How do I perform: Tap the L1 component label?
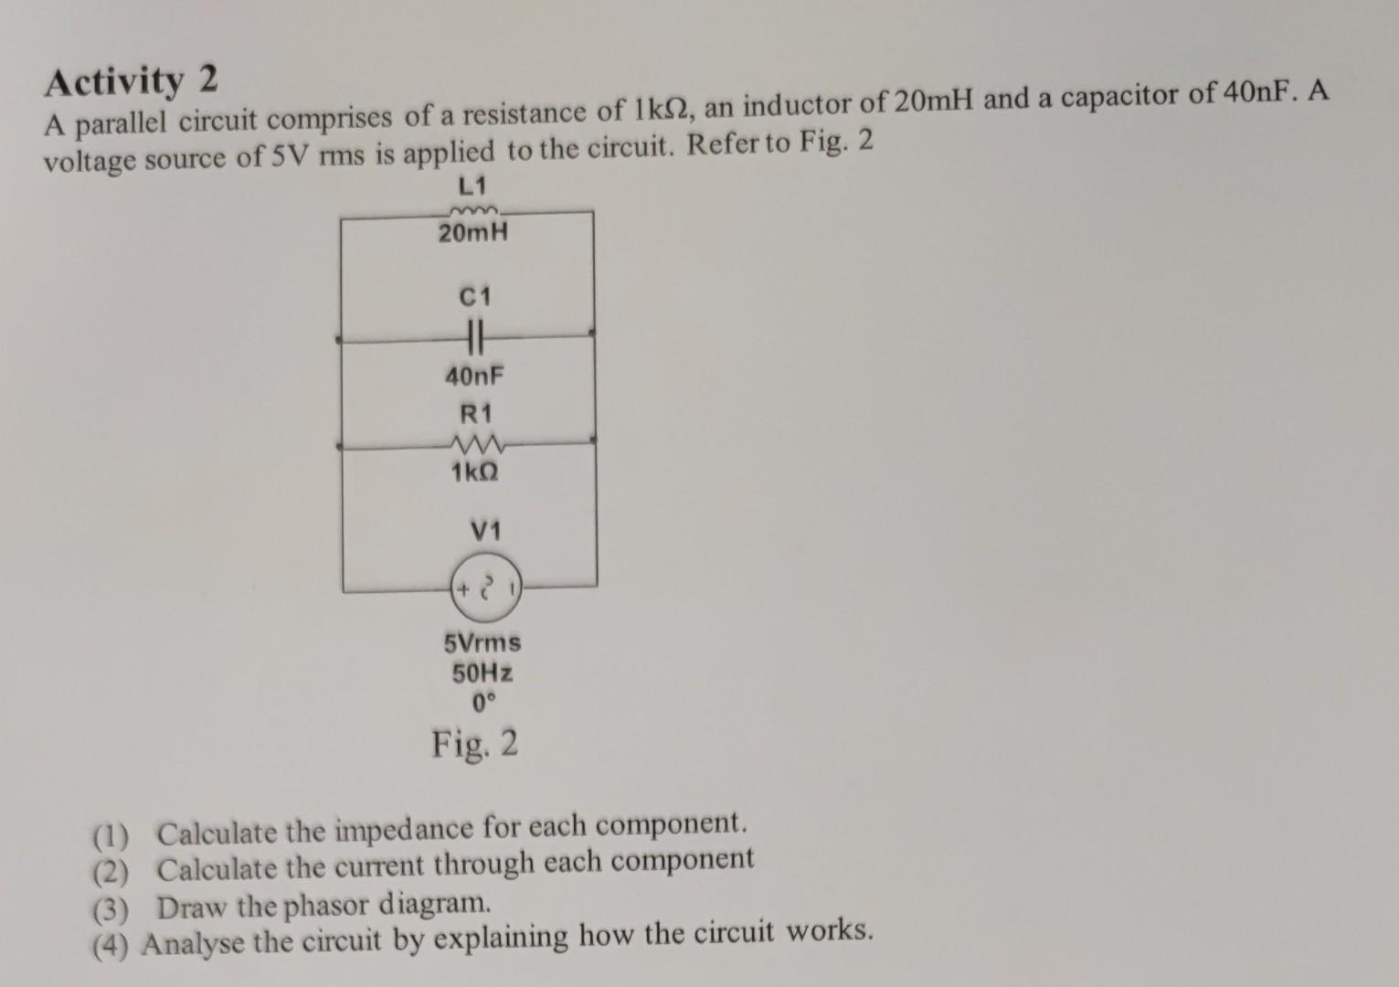coord(471,187)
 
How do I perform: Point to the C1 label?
coord(475,297)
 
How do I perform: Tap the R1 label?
coord(475,413)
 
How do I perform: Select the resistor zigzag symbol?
coord(474,446)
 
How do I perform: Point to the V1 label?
coord(485,531)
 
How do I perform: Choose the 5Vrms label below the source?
coord(482,642)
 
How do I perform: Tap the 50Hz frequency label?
coord(482,674)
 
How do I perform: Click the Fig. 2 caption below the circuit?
coord(475,745)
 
